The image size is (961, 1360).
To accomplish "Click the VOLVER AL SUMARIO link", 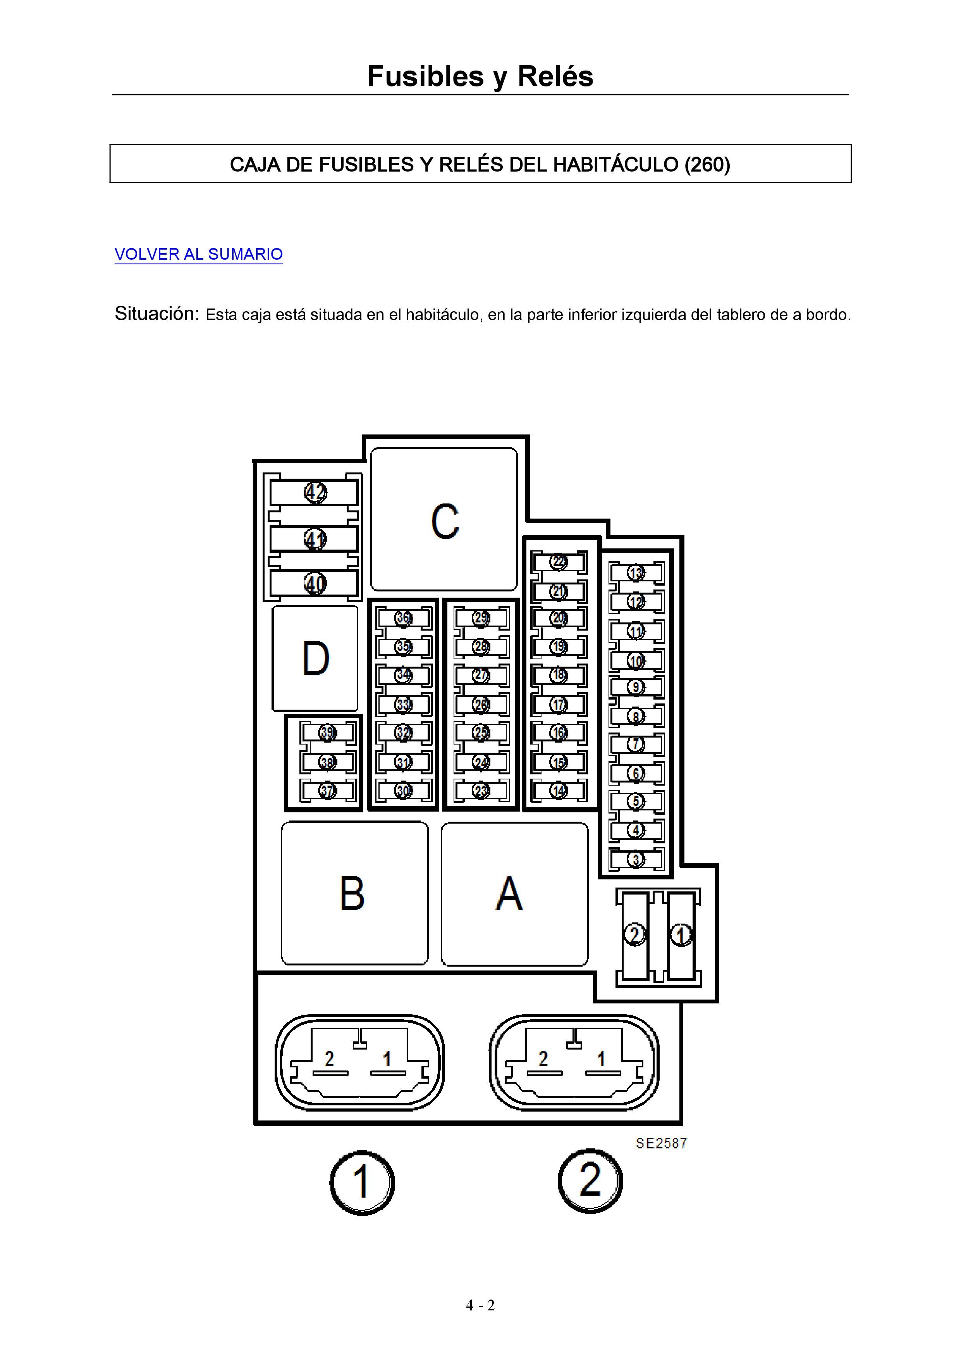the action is click(198, 254).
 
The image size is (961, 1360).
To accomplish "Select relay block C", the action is click(444, 519).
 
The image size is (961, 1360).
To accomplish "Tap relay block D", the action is click(315, 658).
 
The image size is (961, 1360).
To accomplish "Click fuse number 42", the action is click(315, 492).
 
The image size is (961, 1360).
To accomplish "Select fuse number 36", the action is click(403, 618).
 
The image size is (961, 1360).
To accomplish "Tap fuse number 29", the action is click(481, 618).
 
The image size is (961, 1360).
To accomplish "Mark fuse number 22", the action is click(559, 561).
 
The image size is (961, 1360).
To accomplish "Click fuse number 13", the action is click(636, 573).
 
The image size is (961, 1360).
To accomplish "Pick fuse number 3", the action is click(636, 859).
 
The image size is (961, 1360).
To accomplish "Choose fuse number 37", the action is click(327, 790).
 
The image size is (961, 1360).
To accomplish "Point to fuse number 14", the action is click(559, 790).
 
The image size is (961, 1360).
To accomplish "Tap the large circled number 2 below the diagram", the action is click(590, 1181).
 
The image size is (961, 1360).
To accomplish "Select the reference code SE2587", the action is click(662, 1143).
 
